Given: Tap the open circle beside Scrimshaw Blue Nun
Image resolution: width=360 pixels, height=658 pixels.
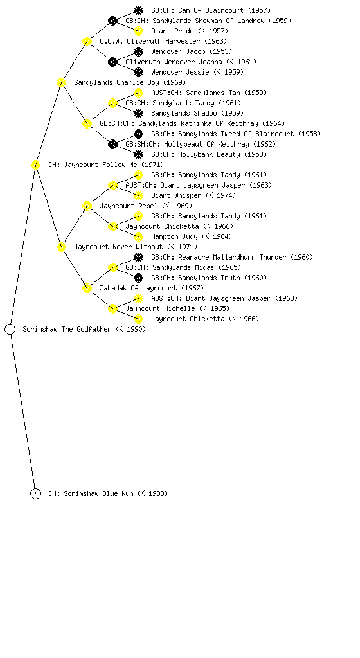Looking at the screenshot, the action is [35, 493].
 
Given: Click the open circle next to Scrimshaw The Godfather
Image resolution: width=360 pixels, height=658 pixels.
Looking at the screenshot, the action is [10, 329].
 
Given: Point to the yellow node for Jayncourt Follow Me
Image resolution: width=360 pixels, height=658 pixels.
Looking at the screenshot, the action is [35, 164].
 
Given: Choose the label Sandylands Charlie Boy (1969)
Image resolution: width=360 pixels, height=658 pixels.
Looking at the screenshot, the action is [130, 82].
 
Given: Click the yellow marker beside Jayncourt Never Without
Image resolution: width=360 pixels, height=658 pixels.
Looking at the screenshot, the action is [61, 247].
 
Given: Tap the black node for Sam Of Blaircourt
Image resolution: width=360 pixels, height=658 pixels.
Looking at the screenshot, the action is [138, 10].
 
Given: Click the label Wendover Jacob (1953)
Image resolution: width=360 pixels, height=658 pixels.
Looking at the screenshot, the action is [192, 51].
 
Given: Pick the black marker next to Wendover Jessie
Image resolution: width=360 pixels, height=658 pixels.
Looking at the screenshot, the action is [138, 72].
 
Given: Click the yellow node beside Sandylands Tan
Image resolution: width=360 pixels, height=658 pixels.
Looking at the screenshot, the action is [138, 93].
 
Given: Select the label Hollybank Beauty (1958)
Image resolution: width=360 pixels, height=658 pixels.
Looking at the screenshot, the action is [222, 154].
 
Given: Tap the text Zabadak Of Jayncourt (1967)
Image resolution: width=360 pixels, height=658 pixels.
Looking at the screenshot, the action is [152, 288].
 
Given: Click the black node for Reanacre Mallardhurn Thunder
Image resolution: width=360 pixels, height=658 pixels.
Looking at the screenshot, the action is [138, 257].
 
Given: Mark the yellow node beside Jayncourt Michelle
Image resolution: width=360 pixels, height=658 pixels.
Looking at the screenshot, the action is [113, 308].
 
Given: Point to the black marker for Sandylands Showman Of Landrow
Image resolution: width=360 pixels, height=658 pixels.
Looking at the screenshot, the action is [113, 21].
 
